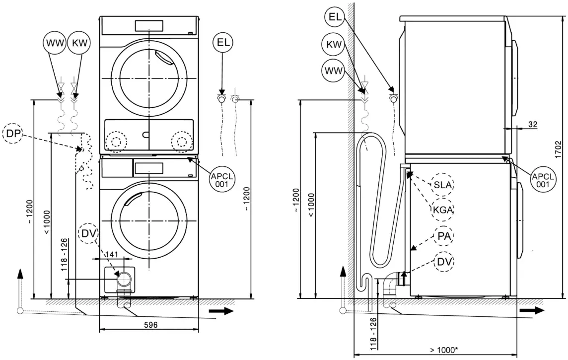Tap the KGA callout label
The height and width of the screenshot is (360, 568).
click(442, 210)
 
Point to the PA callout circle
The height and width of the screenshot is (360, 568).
click(443, 236)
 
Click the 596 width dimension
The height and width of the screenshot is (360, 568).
click(150, 325)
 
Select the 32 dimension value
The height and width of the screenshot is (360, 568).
click(532, 124)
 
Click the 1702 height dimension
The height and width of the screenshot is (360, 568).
click(559, 149)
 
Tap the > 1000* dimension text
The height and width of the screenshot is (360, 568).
click(443, 350)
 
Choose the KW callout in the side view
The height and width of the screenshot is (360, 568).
click(334, 44)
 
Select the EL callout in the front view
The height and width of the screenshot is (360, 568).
click(222, 43)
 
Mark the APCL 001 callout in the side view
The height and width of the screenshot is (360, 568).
click(541, 179)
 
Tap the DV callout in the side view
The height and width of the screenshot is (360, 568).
click(443, 261)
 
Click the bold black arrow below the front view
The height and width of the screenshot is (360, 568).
click(220, 311)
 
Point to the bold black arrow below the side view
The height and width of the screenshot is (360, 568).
click(531, 310)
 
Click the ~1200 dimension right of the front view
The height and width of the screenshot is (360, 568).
click(247, 199)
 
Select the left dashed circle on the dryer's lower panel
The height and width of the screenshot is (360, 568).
click(116, 141)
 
